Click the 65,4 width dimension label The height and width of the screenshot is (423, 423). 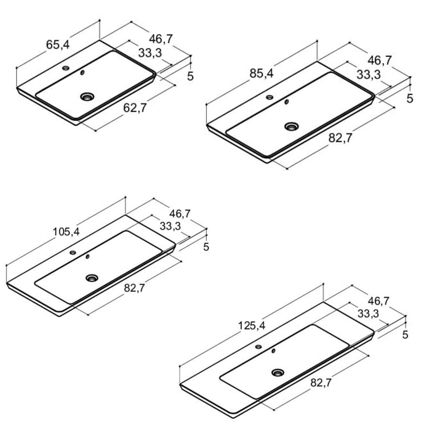pos(58,45)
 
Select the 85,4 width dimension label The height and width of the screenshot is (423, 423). pos(261,74)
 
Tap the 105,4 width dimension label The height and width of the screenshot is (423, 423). pos(66,232)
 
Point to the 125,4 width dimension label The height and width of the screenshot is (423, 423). pos(252,326)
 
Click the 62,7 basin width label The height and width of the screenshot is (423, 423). pos(135,108)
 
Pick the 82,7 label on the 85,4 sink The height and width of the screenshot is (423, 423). pos(340,138)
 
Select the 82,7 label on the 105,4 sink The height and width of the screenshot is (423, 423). pos(134,288)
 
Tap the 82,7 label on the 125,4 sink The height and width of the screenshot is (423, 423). pos(321,383)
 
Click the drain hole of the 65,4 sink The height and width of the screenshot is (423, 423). pos(87,97)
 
